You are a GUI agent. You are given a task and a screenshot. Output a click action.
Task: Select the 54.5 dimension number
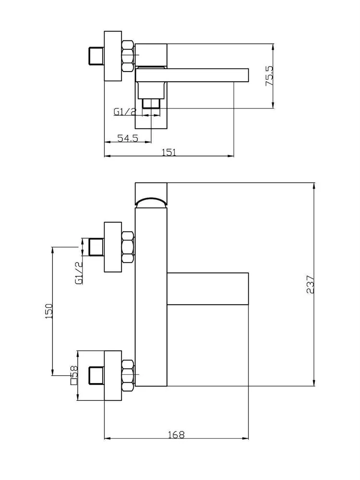click(128, 138)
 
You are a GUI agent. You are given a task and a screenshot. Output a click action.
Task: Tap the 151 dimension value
click(168, 152)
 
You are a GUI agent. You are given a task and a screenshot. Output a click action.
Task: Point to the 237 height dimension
click(310, 284)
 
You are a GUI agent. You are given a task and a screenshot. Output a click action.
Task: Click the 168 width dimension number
click(176, 434)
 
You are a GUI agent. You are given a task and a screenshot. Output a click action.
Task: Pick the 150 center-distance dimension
click(49, 311)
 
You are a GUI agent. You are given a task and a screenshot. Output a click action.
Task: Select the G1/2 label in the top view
click(124, 112)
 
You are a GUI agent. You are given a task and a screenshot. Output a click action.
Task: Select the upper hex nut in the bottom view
click(128, 247)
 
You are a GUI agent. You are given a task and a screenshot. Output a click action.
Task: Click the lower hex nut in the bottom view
click(128, 375)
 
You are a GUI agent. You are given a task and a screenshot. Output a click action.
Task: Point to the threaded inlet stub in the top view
click(96, 56)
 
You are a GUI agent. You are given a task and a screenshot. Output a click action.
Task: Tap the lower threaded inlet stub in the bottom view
click(96, 375)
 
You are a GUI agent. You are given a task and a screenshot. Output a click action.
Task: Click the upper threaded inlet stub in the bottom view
click(96, 247)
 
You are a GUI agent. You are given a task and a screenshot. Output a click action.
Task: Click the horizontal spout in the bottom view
click(207, 288)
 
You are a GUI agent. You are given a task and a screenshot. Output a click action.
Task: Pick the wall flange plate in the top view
click(113, 56)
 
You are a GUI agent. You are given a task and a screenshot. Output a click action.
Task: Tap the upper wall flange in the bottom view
click(113, 247)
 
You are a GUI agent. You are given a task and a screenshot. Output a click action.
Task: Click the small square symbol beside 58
click(73, 382)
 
